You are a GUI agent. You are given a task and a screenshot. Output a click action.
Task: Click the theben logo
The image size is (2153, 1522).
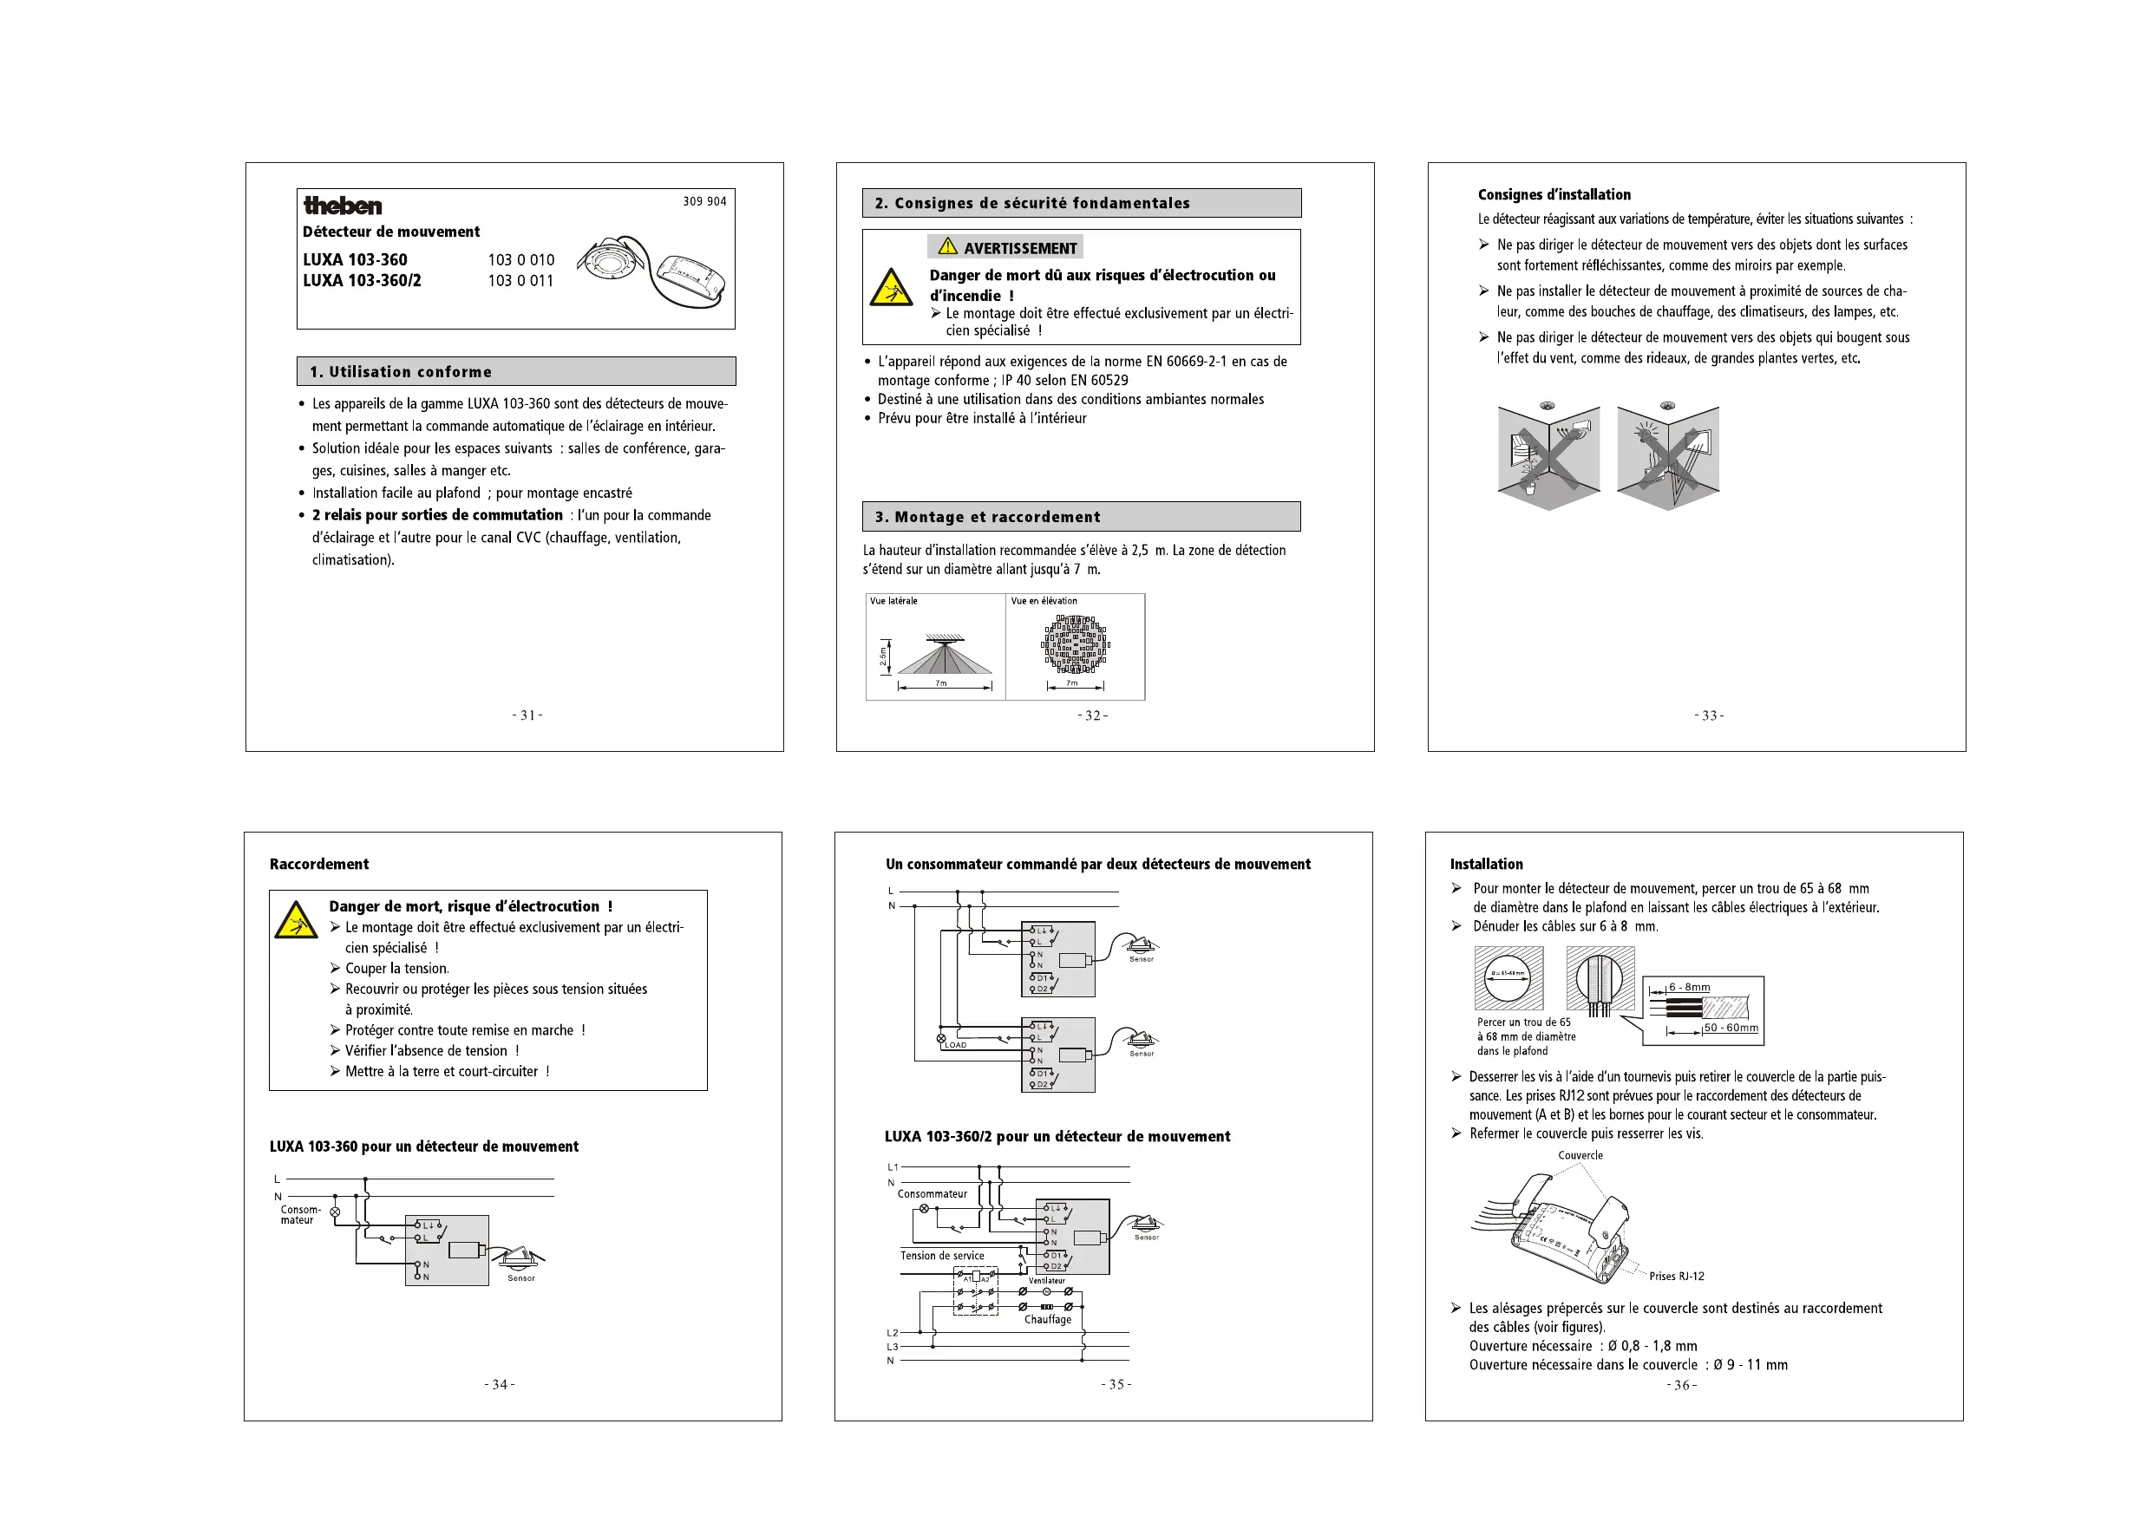(x=343, y=206)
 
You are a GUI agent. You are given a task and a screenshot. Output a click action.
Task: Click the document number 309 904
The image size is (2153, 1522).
(x=704, y=201)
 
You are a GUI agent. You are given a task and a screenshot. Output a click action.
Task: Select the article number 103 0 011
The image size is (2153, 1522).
(x=520, y=280)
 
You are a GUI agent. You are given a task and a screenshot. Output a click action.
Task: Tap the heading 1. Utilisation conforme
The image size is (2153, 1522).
(x=401, y=371)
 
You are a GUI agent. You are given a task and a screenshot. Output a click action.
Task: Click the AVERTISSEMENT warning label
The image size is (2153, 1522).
(x=1006, y=247)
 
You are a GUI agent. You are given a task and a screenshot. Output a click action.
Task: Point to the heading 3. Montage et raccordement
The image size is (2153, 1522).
(x=987, y=517)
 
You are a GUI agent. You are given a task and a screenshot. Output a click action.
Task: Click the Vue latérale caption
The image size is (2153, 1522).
(x=893, y=601)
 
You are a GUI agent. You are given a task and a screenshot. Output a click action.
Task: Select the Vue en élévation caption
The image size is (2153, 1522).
(x=1044, y=601)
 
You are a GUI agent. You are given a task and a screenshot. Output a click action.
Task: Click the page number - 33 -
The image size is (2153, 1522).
(x=1709, y=715)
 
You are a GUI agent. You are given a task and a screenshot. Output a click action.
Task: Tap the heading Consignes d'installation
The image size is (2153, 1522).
(x=1554, y=195)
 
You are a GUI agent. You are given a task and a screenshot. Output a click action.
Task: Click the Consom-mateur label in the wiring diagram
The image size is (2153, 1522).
(x=300, y=1214)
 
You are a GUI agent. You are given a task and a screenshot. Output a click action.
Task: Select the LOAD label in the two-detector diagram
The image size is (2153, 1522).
(x=956, y=1045)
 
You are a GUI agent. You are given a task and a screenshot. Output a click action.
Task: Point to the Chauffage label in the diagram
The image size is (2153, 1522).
(x=1047, y=1319)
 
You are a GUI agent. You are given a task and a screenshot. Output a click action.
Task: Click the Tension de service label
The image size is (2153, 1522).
(x=941, y=1256)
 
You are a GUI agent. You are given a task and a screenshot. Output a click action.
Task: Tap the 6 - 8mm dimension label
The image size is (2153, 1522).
(x=1689, y=988)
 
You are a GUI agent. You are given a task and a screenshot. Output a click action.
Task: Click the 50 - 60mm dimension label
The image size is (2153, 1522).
(x=1730, y=1028)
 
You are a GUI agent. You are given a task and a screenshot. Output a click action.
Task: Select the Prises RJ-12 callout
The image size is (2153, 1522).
(x=1677, y=1277)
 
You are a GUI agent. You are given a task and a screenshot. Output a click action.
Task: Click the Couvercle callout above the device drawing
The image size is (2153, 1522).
(x=1580, y=1155)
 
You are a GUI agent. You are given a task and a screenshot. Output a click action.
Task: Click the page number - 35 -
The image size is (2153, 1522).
(x=1116, y=1384)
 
